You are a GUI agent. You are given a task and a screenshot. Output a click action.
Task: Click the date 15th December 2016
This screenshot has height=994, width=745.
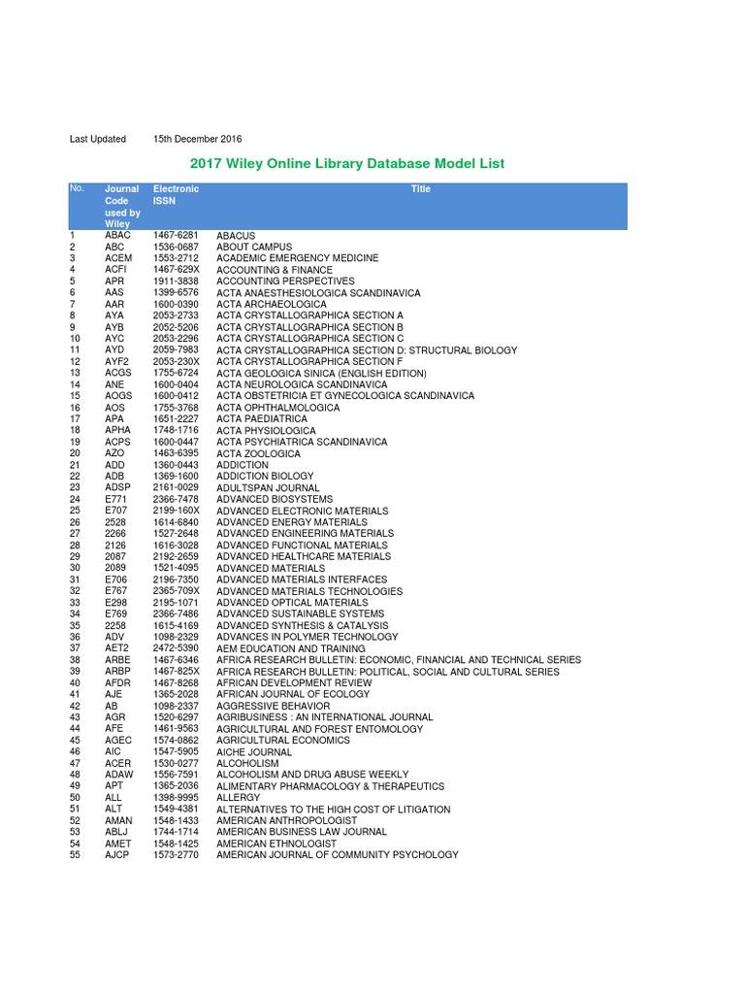click(197, 139)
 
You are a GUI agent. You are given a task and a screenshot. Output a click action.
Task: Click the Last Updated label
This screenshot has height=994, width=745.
click(98, 139)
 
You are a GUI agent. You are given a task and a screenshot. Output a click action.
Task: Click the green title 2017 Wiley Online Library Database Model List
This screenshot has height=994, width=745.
click(347, 163)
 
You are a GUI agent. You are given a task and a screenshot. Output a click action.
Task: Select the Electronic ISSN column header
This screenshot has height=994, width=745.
click(176, 195)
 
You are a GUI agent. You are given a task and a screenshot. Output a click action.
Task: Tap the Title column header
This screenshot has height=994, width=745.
click(420, 189)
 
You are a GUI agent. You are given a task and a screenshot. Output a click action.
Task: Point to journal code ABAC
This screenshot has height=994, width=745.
click(116, 236)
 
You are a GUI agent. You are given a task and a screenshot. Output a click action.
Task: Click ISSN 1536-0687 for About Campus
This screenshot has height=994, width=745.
click(176, 248)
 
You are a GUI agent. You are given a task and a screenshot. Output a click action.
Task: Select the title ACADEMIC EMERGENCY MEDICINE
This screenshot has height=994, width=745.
click(297, 259)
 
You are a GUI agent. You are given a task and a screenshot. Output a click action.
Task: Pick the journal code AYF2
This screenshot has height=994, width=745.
click(116, 362)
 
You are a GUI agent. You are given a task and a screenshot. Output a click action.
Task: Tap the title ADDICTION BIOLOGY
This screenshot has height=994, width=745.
click(260, 477)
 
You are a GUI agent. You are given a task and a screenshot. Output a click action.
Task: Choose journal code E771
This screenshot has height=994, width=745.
click(116, 499)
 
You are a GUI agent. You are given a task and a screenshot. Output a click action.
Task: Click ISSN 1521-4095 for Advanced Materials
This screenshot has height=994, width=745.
click(176, 568)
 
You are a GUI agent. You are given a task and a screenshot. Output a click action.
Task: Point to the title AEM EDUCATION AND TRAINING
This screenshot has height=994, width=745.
click(291, 648)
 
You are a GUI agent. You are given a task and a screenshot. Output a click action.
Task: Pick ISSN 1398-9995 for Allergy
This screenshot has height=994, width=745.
click(176, 797)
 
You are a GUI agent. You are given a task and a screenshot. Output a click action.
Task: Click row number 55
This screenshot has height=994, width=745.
click(75, 854)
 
